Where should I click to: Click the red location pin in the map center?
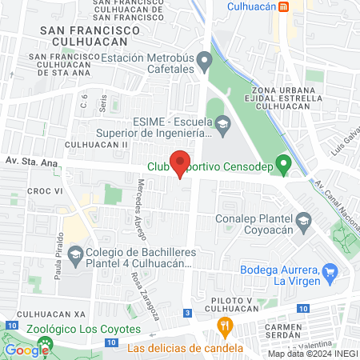click(181, 162)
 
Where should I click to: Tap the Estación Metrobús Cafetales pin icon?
click(205, 61)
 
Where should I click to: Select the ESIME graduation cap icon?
click(223, 123)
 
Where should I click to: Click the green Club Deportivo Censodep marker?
click(282, 166)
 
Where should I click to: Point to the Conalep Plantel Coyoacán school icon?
click(304, 219)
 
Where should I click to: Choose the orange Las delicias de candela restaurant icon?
click(225, 326)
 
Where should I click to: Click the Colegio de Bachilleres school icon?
click(75, 256)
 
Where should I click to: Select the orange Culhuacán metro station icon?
click(283, 6)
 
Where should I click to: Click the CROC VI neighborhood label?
click(45, 192)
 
